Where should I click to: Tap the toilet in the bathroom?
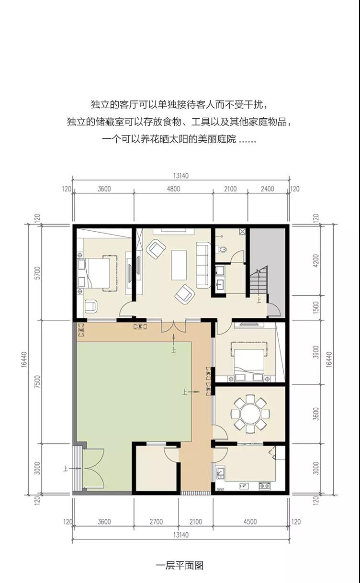tap(223, 250)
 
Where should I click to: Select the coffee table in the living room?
tap(179, 265)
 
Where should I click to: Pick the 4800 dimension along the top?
tap(173, 189)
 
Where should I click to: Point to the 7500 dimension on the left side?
tap(37, 382)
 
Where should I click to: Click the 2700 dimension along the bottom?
tap(156, 522)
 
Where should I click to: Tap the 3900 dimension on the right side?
tap(316, 352)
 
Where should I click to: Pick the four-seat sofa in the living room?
tap(203, 265)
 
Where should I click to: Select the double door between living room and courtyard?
tap(174, 326)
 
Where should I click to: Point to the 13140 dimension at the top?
tap(180, 176)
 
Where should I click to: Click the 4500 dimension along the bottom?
tap(250, 522)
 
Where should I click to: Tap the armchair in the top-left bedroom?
tap(91, 306)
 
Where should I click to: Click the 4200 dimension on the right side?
tap(316, 260)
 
